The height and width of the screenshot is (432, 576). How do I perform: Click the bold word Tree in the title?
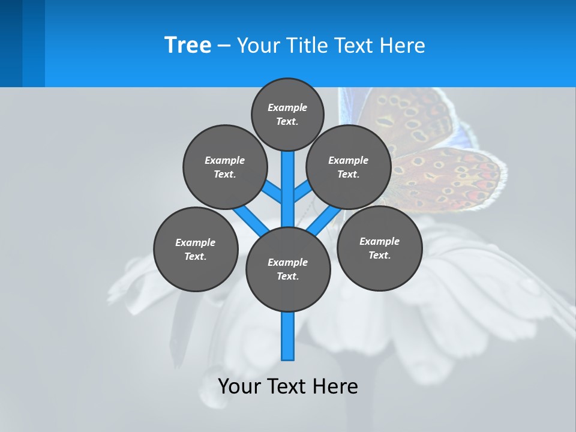coord(188,45)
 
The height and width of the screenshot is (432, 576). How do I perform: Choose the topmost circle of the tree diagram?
coord(287,114)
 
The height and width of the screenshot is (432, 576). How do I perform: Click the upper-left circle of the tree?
coord(225,167)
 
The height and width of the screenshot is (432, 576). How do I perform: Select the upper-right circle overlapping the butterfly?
coord(349,167)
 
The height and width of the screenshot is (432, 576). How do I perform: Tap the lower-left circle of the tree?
coord(196,249)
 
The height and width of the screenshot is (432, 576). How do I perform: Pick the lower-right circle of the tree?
coord(379,248)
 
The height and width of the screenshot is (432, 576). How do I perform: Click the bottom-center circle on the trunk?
coord(288,269)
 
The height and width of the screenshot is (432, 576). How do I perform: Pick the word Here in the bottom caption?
coord(338,386)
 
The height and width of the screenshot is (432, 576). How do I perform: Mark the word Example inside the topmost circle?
coord(287,107)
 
